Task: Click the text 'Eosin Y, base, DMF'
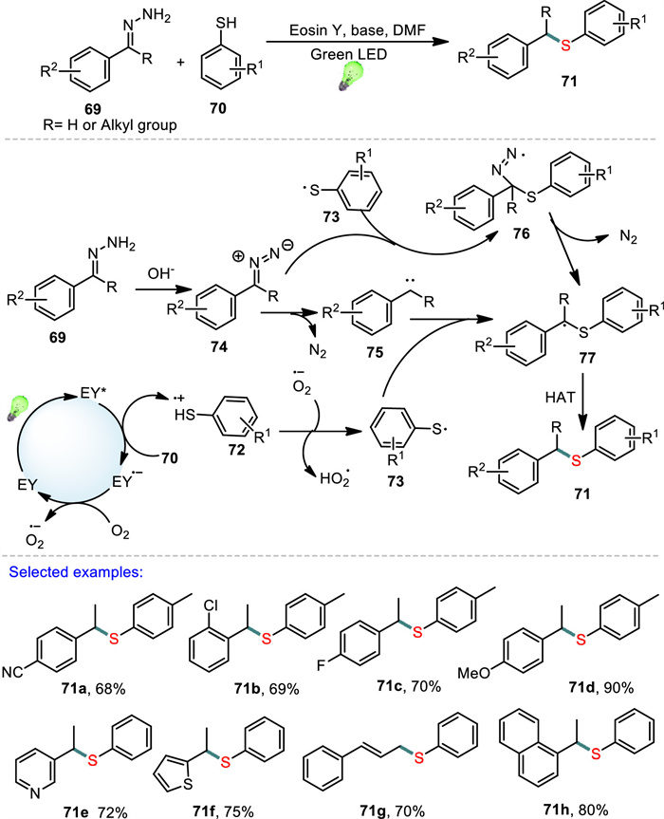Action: tap(358, 30)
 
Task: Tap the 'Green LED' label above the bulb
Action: tap(349, 54)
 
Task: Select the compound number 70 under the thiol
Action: tap(217, 108)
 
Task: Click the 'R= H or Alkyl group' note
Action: tap(110, 125)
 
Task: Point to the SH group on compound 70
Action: tap(226, 23)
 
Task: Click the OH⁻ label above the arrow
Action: tap(160, 273)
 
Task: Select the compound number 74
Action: tap(219, 346)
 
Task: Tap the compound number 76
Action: tap(521, 233)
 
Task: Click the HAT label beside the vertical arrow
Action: tap(560, 398)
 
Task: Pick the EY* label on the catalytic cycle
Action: tap(92, 393)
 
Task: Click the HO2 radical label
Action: tap(335, 478)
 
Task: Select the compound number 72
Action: tap(236, 450)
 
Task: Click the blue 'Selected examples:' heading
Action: tap(76, 572)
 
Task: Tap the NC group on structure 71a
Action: tap(12, 671)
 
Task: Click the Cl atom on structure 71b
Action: tap(211, 605)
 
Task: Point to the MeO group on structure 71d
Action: tap(474, 673)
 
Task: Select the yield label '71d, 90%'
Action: tap(600, 687)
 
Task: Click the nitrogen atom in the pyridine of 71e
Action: tap(35, 793)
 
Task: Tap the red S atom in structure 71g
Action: tap(418, 758)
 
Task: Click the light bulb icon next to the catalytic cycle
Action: tap(18, 408)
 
